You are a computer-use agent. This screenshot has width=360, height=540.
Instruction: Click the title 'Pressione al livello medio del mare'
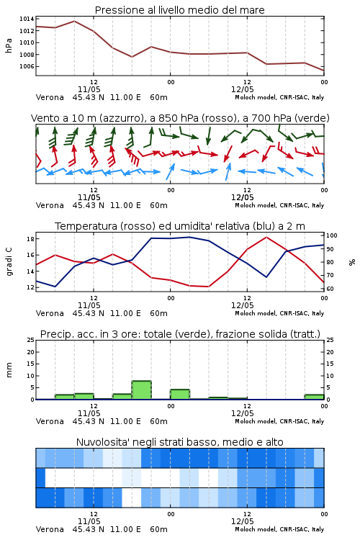pos(179,10)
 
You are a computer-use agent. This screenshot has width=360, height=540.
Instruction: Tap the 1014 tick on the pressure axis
pos(27,19)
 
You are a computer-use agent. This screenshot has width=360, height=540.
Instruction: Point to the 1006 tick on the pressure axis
pos(27,66)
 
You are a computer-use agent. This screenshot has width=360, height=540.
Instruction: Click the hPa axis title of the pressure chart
pos(9,45)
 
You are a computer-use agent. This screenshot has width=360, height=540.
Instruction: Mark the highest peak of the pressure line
pos(74,21)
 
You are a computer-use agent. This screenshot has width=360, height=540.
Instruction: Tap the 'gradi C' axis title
pos(9,261)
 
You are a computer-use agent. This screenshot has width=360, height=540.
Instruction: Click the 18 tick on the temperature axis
pos(30,239)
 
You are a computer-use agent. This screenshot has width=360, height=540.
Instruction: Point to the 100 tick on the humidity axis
pos(332,235)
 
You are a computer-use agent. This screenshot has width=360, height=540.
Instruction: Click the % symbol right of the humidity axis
pos(352,262)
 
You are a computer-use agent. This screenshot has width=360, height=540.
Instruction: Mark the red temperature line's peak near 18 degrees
pos(266,237)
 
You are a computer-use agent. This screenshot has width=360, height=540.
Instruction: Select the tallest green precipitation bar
pos(141,390)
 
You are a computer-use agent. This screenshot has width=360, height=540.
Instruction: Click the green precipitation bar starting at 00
pos(180,395)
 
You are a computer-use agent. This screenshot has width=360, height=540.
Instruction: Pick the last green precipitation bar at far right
pos(314,397)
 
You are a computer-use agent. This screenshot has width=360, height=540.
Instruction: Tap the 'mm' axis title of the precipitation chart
pos(9,370)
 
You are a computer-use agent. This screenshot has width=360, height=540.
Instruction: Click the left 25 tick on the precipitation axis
pos(30,340)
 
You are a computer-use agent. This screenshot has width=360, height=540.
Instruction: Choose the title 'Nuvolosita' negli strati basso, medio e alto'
pos(179,442)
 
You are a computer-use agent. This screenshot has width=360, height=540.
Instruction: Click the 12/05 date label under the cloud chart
pos(242,521)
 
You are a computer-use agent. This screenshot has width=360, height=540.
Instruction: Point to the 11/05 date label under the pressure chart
pos(89,89)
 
